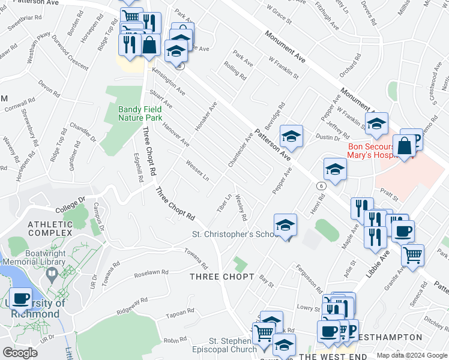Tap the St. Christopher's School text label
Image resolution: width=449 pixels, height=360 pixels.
point(234,234)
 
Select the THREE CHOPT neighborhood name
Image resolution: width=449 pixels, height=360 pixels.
point(217,276)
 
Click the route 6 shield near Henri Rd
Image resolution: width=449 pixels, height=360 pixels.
point(322,187)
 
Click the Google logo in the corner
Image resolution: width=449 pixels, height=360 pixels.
point(20,353)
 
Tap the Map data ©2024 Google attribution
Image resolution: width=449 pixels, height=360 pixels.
point(412,355)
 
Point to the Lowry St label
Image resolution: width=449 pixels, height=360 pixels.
point(309,308)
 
